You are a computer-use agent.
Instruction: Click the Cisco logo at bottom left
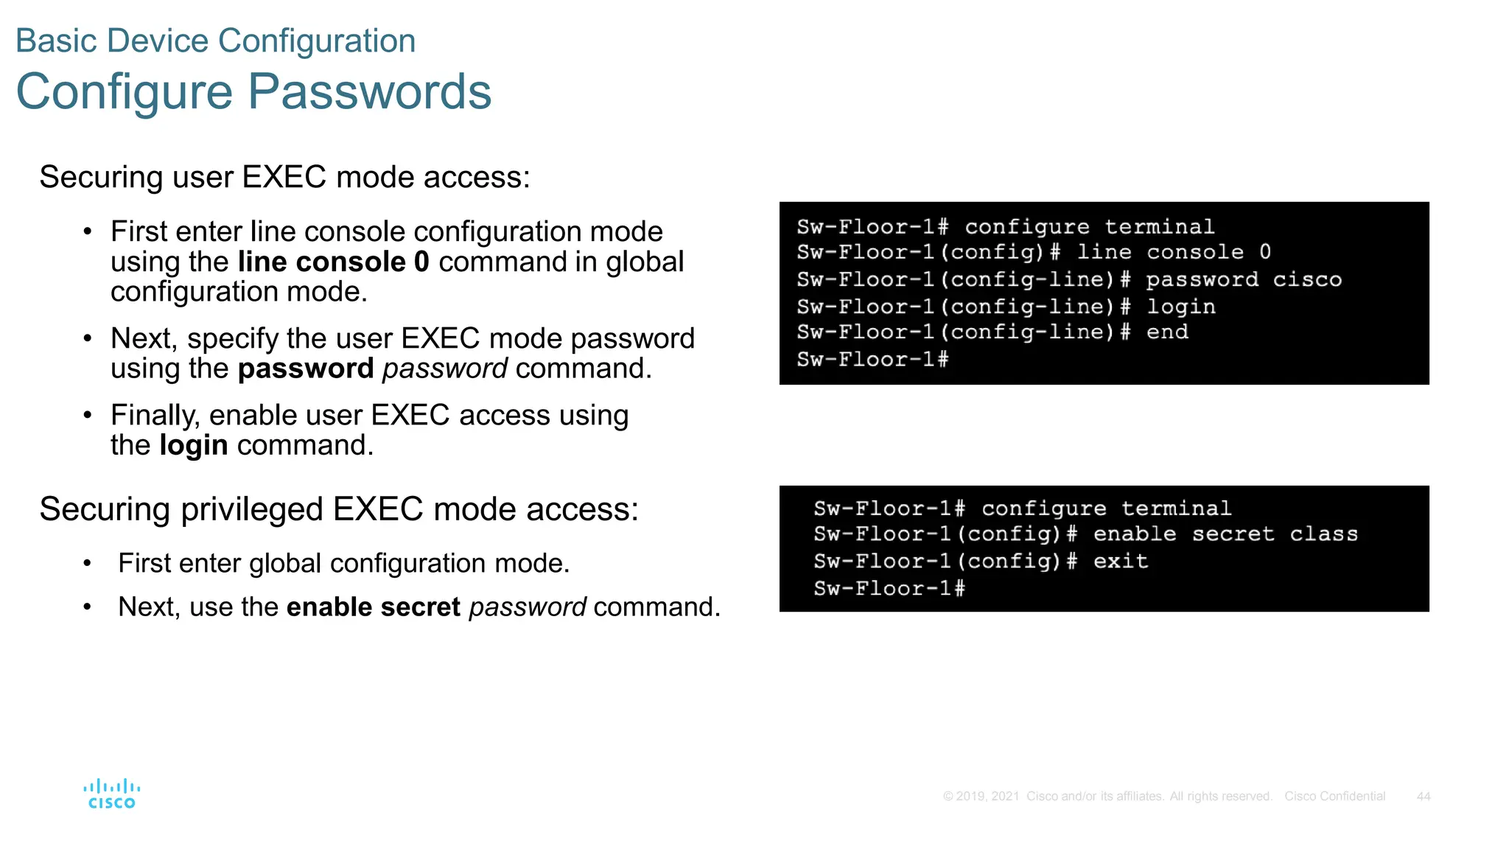click(x=111, y=794)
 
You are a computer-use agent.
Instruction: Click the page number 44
click(x=1423, y=796)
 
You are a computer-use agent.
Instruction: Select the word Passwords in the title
click(x=369, y=92)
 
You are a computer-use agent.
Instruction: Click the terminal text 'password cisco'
click(x=1243, y=279)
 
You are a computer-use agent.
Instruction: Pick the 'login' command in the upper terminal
click(x=1180, y=307)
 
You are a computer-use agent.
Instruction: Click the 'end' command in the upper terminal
click(x=1167, y=332)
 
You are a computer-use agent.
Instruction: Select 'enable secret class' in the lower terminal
click(x=1225, y=534)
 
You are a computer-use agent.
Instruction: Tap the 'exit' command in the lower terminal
click(x=1120, y=562)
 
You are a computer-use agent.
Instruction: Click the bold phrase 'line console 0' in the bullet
click(x=333, y=262)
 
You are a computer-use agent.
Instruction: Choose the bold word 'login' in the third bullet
click(x=194, y=445)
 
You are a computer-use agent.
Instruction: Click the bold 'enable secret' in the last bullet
click(x=373, y=607)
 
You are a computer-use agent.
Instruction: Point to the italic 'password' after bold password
click(x=444, y=368)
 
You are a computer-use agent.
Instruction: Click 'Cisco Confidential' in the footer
click(x=1334, y=796)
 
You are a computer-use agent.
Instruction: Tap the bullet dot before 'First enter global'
click(x=87, y=564)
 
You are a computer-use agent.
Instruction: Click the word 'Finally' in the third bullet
click(x=155, y=416)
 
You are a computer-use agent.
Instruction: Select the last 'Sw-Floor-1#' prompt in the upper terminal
click(x=872, y=360)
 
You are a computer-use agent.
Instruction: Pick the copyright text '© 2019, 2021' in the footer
click(x=981, y=796)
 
